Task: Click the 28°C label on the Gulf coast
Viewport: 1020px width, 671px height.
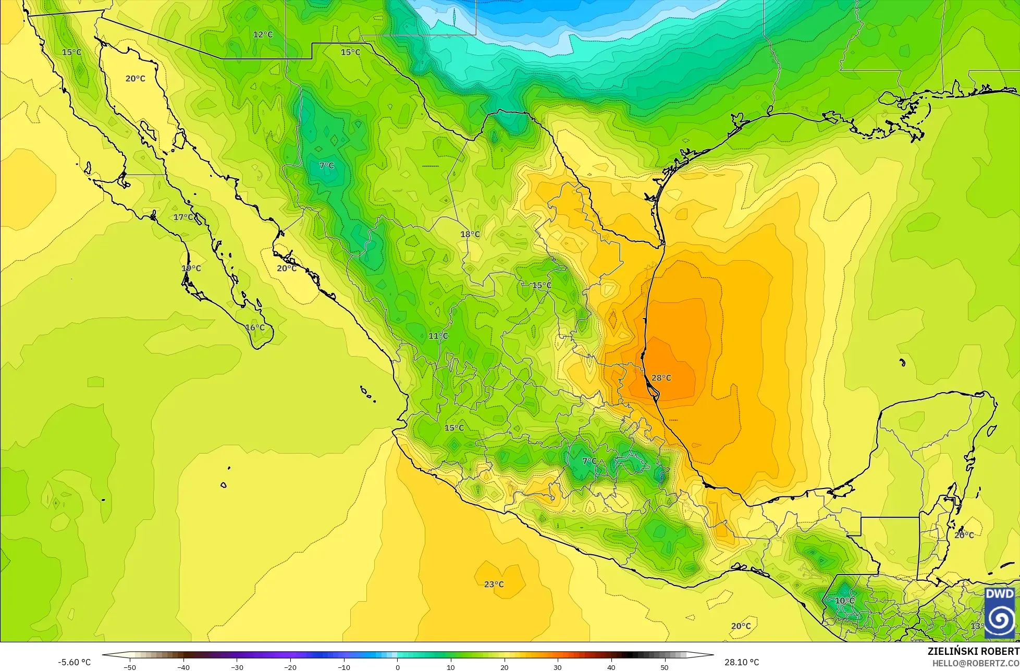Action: (661, 378)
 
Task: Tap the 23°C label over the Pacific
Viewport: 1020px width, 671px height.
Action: (494, 584)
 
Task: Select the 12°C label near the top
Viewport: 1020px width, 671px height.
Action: (263, 34)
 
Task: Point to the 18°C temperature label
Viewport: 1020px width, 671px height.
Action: (470, 234)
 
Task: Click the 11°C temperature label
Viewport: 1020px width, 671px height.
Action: (438, 336)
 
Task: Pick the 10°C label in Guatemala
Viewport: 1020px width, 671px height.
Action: (844, 601)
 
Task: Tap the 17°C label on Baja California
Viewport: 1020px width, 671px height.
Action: (183, 217)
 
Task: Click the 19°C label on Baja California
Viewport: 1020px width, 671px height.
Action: (191, 268)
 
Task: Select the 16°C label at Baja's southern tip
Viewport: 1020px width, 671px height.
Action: (255, 327)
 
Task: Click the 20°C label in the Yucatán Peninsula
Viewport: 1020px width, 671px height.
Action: (964, 535)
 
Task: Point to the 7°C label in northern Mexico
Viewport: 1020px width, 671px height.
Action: (326, 165)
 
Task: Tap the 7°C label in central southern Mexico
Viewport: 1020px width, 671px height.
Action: (589, 461)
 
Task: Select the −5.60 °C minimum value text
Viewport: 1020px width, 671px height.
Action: (74, 662)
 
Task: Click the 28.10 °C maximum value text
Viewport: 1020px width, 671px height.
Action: (741, 662)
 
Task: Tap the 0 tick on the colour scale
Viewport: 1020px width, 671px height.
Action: (397, 667)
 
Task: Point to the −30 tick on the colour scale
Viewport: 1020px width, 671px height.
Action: (237, 667)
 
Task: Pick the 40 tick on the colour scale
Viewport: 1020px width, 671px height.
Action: (611, 667)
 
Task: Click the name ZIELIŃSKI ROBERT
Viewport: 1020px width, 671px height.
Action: (973, 651)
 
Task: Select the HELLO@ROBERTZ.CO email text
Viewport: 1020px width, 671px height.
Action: (976, 662)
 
